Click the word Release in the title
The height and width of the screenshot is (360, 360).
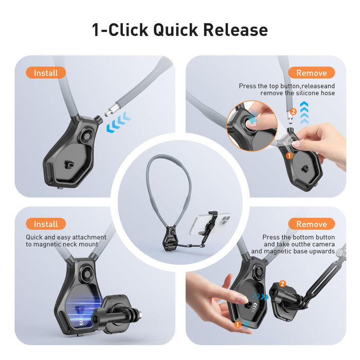coord(236,30)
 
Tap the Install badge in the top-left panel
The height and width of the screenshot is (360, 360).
coord(46,73)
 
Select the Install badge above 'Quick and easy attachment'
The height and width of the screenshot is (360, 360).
coord(46,224)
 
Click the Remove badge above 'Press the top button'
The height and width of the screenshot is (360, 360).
coord(311,73)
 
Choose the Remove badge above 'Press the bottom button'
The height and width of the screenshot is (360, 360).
coord(311,224)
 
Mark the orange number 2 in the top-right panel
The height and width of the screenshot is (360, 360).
coord(293,111)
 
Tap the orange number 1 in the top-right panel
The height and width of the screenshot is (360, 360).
coord(289,155)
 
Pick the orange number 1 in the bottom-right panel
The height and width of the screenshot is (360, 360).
coord(238,325)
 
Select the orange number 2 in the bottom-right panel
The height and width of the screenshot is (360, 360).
coord(282,283)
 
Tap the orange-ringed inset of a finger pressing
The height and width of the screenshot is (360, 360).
coord(252,125)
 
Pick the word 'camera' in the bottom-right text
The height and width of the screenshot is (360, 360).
coord(322,244)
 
